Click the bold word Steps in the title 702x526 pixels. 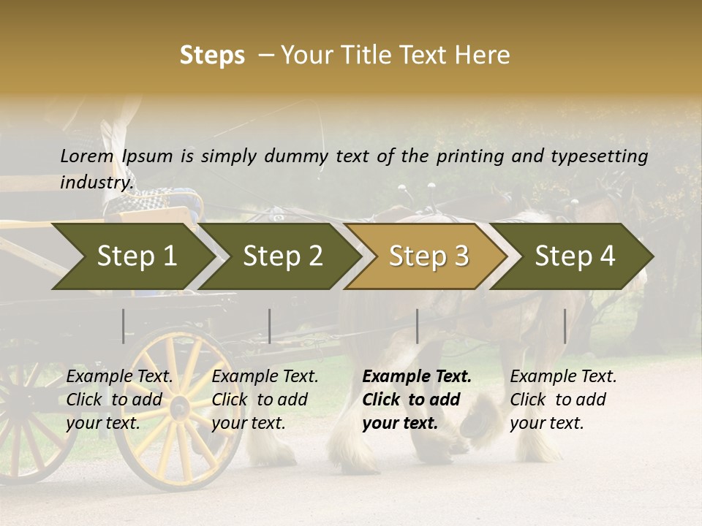212,56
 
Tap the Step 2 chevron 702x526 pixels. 282,256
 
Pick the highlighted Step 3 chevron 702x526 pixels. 429,256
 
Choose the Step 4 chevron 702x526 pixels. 575,256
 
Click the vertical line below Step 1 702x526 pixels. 124,326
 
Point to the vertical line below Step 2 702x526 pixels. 270,326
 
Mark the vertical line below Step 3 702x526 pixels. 417,326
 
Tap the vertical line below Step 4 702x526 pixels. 565,326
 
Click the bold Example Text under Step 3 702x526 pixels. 417,377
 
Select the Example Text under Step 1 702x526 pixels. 119,377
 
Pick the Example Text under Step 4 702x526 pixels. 563,377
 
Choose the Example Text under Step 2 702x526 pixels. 265,377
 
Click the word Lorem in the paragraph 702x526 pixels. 87,156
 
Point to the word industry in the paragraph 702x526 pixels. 97,182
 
